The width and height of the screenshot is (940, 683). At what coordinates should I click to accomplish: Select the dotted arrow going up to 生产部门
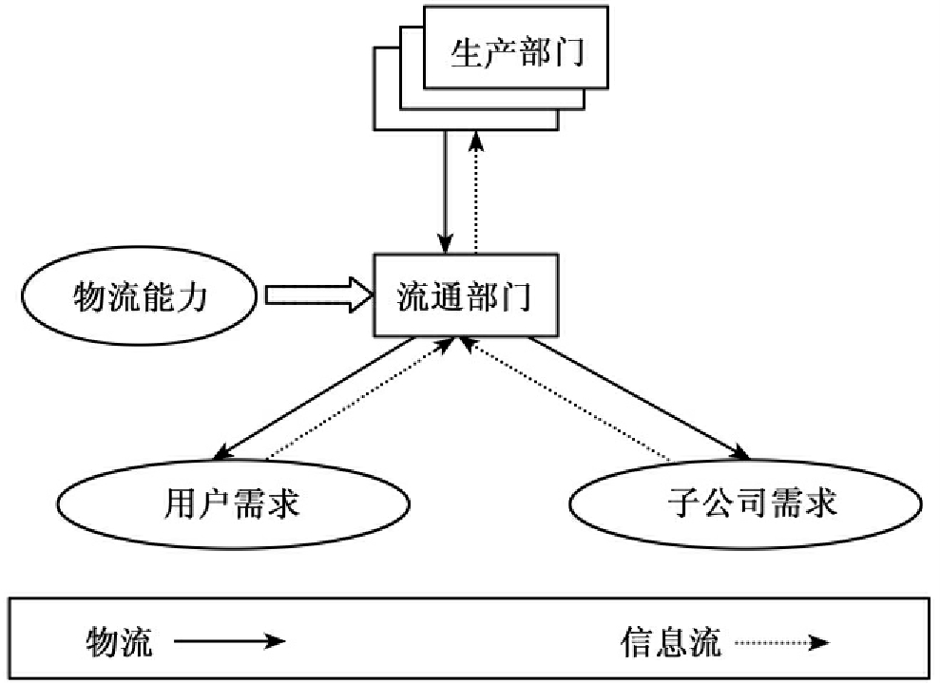[x=477, y=190]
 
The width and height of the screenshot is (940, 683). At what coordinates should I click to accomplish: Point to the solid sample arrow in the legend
[x=228, y=643]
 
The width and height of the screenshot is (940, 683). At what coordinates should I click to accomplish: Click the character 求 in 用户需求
[x=282, y=503]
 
